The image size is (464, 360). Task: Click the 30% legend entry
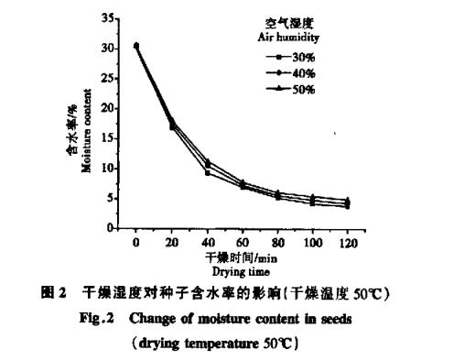click(x=297, y=57)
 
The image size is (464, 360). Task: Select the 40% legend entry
click(x=297, y=73)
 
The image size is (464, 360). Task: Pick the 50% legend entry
click(x=297, y=89)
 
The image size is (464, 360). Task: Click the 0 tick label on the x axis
click(x=135, y=240)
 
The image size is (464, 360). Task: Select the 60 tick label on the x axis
click(x=242, y=240)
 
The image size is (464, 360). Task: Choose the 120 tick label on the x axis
click(x=347, y=240)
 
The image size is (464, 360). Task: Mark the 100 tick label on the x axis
click(x=311, y=240)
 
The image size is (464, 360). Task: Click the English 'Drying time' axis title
click(x=240, y=271)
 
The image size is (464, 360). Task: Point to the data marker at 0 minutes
click(x=135, y=45)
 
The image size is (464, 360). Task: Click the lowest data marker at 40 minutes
click(x=207, y=172)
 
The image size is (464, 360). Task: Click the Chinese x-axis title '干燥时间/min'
click(x=240, y=256)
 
